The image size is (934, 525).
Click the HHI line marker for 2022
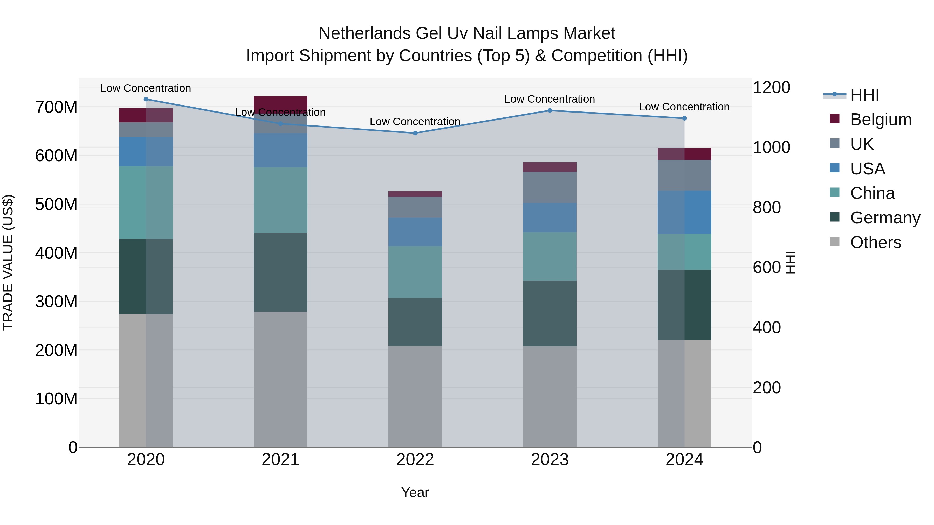click(415, 133)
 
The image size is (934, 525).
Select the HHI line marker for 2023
click(550, 110)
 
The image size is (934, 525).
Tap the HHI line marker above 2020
click(146, 99)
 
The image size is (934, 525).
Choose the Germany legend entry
click(885, 218)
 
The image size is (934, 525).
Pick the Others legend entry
click(875, 242)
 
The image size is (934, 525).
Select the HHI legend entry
click(864, 95)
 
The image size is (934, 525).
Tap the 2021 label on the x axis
click(280, 460)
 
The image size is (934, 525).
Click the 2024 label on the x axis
click(684, 460)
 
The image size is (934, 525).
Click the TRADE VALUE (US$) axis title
click(8, 262)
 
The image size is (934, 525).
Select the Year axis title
click(415, 492)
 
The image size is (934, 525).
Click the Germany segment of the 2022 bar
click(415, 322)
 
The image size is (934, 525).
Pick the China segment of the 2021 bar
click(280, 200)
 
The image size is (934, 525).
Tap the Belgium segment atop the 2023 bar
click(550, 167)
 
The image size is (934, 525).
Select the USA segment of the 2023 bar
click(550, 218)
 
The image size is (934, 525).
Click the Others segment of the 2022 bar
click(415, 396)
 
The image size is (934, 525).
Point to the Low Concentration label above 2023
click(550, 99)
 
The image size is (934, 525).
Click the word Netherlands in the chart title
click(365, 33)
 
